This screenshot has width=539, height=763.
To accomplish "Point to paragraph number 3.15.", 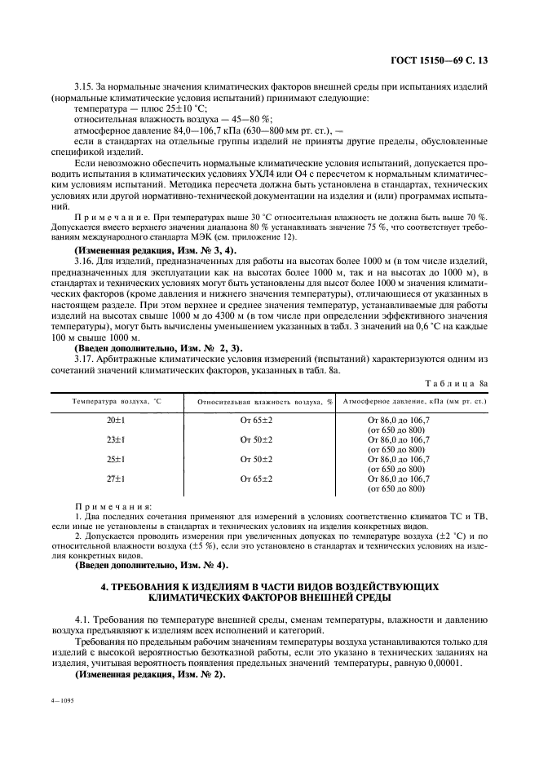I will pos(86,87).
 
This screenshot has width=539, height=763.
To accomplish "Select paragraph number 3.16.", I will pos(86,258).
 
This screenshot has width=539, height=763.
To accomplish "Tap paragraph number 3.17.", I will pos(86,359).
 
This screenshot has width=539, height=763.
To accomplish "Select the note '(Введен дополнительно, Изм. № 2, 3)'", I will pos(156,349).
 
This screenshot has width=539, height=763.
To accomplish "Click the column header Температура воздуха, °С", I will pos(117,402).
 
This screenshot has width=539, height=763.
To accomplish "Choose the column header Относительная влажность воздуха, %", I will pos(262,402).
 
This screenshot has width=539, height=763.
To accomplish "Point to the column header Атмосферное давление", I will pos(413,402).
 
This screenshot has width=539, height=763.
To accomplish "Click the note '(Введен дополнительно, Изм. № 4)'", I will pos(152,565).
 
